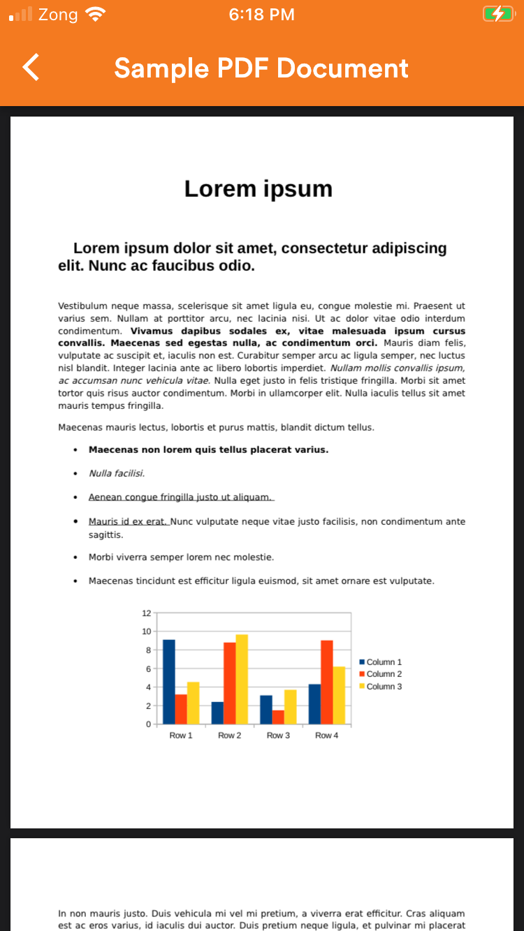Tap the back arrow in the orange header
[31, 68]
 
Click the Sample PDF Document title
[261, 68]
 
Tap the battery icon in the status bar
[497, 14]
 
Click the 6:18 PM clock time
[262, 14]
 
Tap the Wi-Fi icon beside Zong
[94, 14]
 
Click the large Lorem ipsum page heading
[259, 188]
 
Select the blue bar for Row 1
[169, 681]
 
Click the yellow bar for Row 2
[242, 678]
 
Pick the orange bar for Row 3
[278, 717]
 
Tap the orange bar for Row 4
[327, 682]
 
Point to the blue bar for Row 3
[266, 709]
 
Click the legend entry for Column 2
[381, 674]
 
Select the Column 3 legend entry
[381, 687]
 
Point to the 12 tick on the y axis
[147, 613]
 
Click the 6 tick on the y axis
[147, 669]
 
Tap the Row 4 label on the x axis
[326, 736]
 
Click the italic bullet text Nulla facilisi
[116, 473]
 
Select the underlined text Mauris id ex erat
[128, 521]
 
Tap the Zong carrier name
[58, 14]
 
